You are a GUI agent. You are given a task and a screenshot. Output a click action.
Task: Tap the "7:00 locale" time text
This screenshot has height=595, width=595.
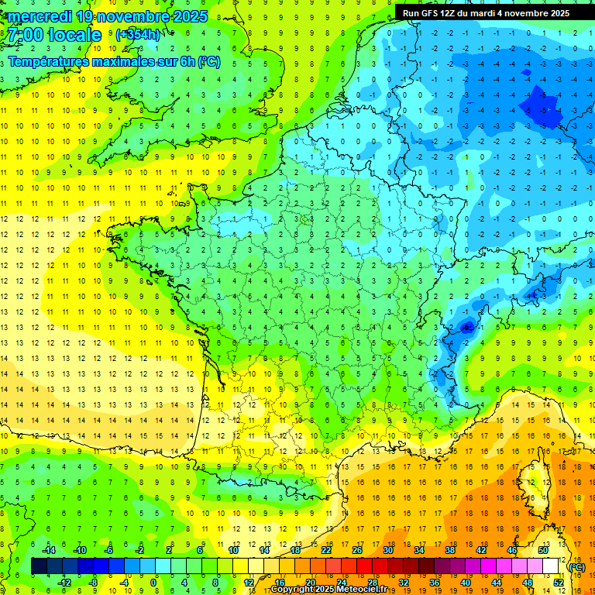point(54,35)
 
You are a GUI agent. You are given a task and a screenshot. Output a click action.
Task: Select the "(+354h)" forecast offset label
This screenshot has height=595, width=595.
point(139,35)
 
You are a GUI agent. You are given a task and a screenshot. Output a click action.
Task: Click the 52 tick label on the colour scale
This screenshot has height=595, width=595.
point(558,582)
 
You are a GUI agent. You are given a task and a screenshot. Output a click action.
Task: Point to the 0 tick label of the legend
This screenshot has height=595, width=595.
point(154,582)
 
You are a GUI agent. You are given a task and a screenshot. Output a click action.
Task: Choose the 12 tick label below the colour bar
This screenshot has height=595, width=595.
point(249,582)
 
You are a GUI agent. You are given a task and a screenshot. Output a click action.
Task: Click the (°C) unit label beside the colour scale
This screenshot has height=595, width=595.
point(577,566)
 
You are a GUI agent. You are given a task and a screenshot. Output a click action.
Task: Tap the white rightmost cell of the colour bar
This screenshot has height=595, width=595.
point(551,566)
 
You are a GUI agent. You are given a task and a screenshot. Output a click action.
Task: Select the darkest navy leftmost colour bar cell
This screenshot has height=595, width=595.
point(40,566)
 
